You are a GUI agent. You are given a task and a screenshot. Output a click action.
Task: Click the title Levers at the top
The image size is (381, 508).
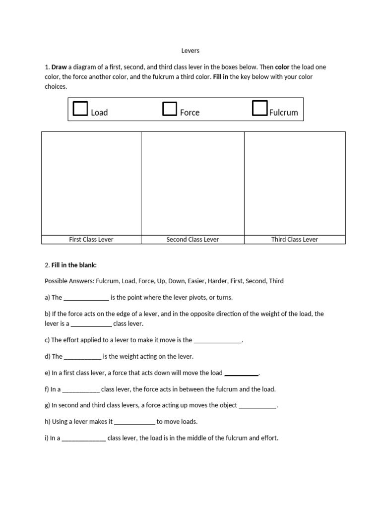[190, 51]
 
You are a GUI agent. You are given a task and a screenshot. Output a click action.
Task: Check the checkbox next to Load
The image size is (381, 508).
[80, 109]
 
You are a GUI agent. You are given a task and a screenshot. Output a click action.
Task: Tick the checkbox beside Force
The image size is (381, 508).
[170, 109]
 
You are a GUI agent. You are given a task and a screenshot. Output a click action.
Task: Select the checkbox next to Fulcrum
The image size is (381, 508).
[259, 108]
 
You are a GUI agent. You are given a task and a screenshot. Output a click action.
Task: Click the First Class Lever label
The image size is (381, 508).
[91, 240]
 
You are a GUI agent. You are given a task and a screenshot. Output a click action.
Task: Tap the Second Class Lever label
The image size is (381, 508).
[192, 240]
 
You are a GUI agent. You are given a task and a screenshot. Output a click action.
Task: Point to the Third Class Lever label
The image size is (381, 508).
[294, 240]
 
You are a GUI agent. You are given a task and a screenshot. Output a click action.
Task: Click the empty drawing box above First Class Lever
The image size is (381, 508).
[91, 183]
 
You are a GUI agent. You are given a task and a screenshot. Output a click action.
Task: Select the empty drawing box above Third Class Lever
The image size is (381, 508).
[295, 183]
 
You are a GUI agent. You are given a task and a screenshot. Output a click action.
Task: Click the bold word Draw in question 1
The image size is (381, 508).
[59, 67]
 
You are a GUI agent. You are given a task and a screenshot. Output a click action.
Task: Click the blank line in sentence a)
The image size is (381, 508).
[86, 298]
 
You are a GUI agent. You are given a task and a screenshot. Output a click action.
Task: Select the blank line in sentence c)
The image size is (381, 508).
[217, 341]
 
